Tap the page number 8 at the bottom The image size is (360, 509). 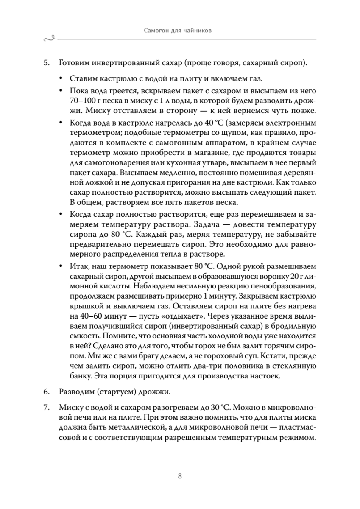tap(180, 476)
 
